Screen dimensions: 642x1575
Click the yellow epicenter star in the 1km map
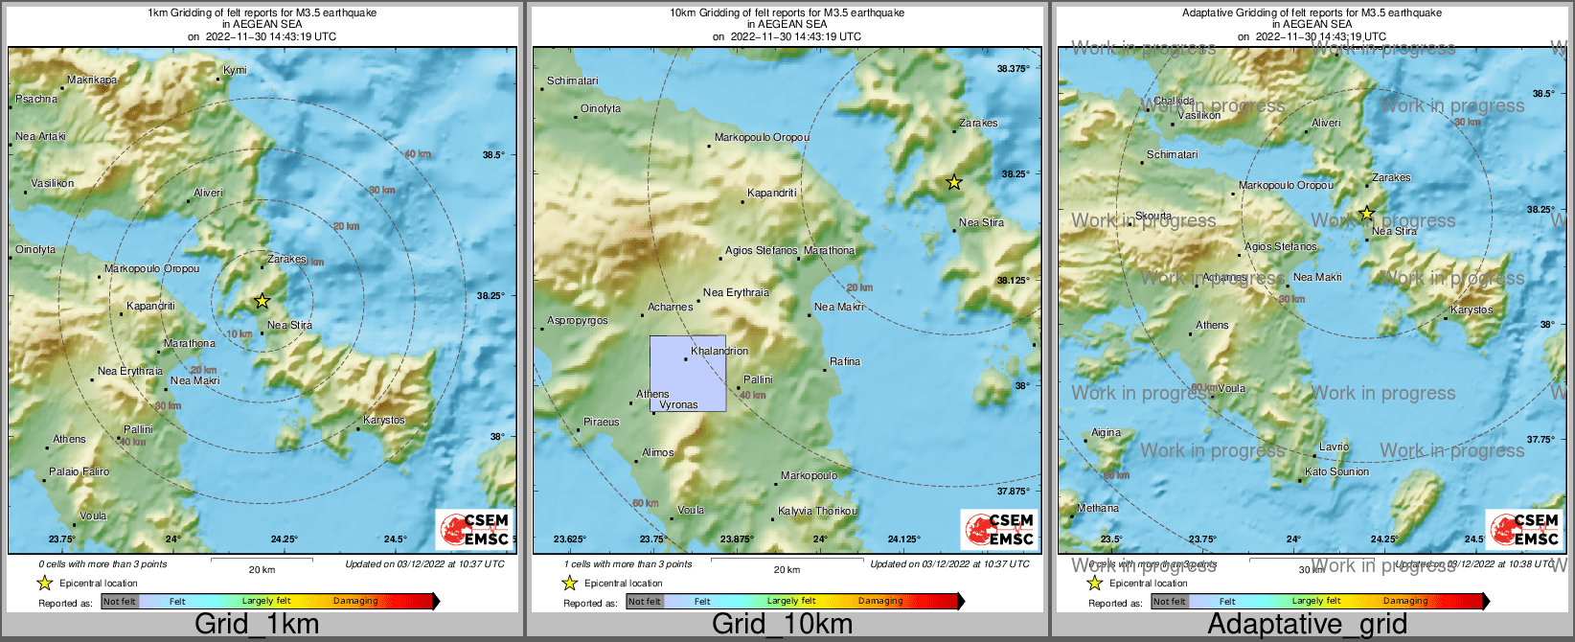(262, 301)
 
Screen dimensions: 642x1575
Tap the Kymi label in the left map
(235, 70)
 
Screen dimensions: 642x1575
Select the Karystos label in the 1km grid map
(384, 420)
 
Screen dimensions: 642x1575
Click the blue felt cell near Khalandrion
(688, 374)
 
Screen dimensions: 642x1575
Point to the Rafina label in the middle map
(845, 361)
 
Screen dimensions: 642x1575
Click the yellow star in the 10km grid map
(953, 182)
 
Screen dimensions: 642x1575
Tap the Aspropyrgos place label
(577, 320)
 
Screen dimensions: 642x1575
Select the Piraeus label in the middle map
(602, 422)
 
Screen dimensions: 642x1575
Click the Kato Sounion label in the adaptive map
(1336, 471)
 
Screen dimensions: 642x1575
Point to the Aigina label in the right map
(1106, 432)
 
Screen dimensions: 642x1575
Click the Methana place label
(1098, 508)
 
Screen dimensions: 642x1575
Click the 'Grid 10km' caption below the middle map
(782, 624)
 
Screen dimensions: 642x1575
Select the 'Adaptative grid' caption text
(1307, 624)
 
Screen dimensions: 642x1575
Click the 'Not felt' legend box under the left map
(120, 601)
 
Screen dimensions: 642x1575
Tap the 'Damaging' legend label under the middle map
(880, 601)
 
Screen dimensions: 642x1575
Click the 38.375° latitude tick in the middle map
(1013, 69)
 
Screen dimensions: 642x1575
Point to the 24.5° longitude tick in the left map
(396, 539)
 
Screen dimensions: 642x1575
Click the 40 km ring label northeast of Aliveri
(418, 154)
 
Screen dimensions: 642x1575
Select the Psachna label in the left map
(37, 99)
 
